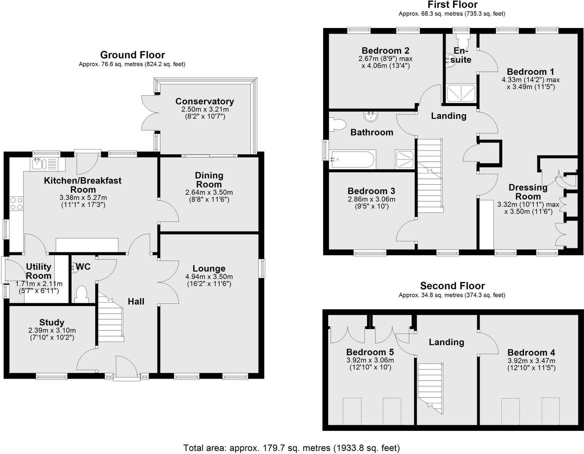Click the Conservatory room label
click(204, 102)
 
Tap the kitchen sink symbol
click(39, 164)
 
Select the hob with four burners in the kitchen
click(16, 204)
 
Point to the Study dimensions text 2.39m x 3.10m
click(52, 331)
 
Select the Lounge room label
click(209, 268)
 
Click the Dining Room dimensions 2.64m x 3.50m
click(209, 192)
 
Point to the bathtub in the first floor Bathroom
click(352, 160)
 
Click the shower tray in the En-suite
click(461, 93)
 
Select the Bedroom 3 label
click(371, 191)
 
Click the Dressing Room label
click(528, 192)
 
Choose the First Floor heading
click(452, 5)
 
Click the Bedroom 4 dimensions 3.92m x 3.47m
click(531, 361)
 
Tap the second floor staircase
click(430, 388)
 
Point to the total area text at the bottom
click(291, 448)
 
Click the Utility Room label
click(38, 271)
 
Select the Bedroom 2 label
click(385, 50)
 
